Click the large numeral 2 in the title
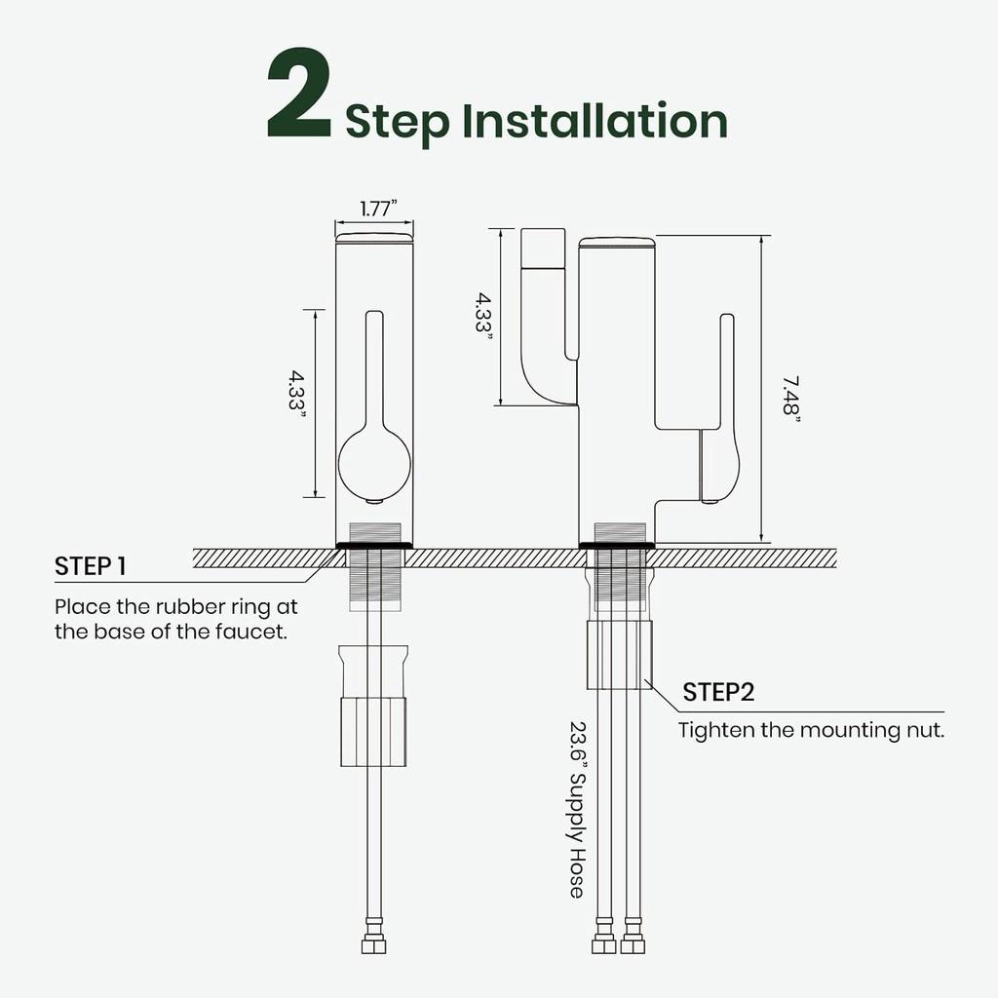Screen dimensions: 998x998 tap(299, 93)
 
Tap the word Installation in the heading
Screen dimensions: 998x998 tap(595, 120)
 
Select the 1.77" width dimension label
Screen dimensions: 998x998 tap(378, 209)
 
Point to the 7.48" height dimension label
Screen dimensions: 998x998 tap(791, 396)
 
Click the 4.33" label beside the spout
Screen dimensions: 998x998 tap(484, 313)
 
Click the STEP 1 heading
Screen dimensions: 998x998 tap(91, 566)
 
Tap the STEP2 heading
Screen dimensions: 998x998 tap(718, 692)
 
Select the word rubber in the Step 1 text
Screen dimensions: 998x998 tap(190, 606)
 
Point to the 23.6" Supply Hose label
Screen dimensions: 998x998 tap(577, 809)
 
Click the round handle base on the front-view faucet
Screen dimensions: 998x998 tap(374, 463)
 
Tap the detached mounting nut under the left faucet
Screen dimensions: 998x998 tap(373, 707)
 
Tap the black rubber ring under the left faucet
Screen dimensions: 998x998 tap(374, 546)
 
